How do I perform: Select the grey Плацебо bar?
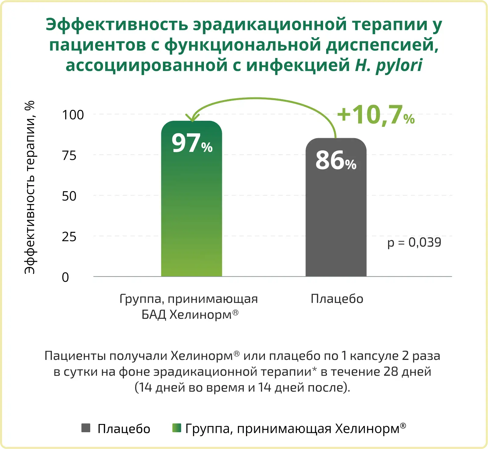click(x=336, y=220)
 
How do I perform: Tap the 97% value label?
click(x=192, y=143)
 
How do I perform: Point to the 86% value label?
click(x=336, y=160)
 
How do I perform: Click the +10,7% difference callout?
click(x=376, y=115)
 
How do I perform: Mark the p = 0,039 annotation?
click(x=414, y=242)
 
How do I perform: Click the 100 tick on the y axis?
click(x=73, y=115)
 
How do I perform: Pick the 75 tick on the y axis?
click(x=69, y=156)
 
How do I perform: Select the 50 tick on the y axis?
click(x=69, y=196)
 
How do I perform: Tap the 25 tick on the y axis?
click(x=69, y=237)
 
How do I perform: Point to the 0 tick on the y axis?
click(x=65, y=277)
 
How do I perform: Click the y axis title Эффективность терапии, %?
click(x=30, y=187)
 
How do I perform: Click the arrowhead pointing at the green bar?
click(x=193, y=118)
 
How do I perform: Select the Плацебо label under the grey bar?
click(x=337, y=299)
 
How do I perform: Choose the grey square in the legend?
click(x=86, y=428)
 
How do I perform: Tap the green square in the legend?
click(x=177, y=428)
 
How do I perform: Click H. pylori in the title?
click(x=389, y=65)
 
